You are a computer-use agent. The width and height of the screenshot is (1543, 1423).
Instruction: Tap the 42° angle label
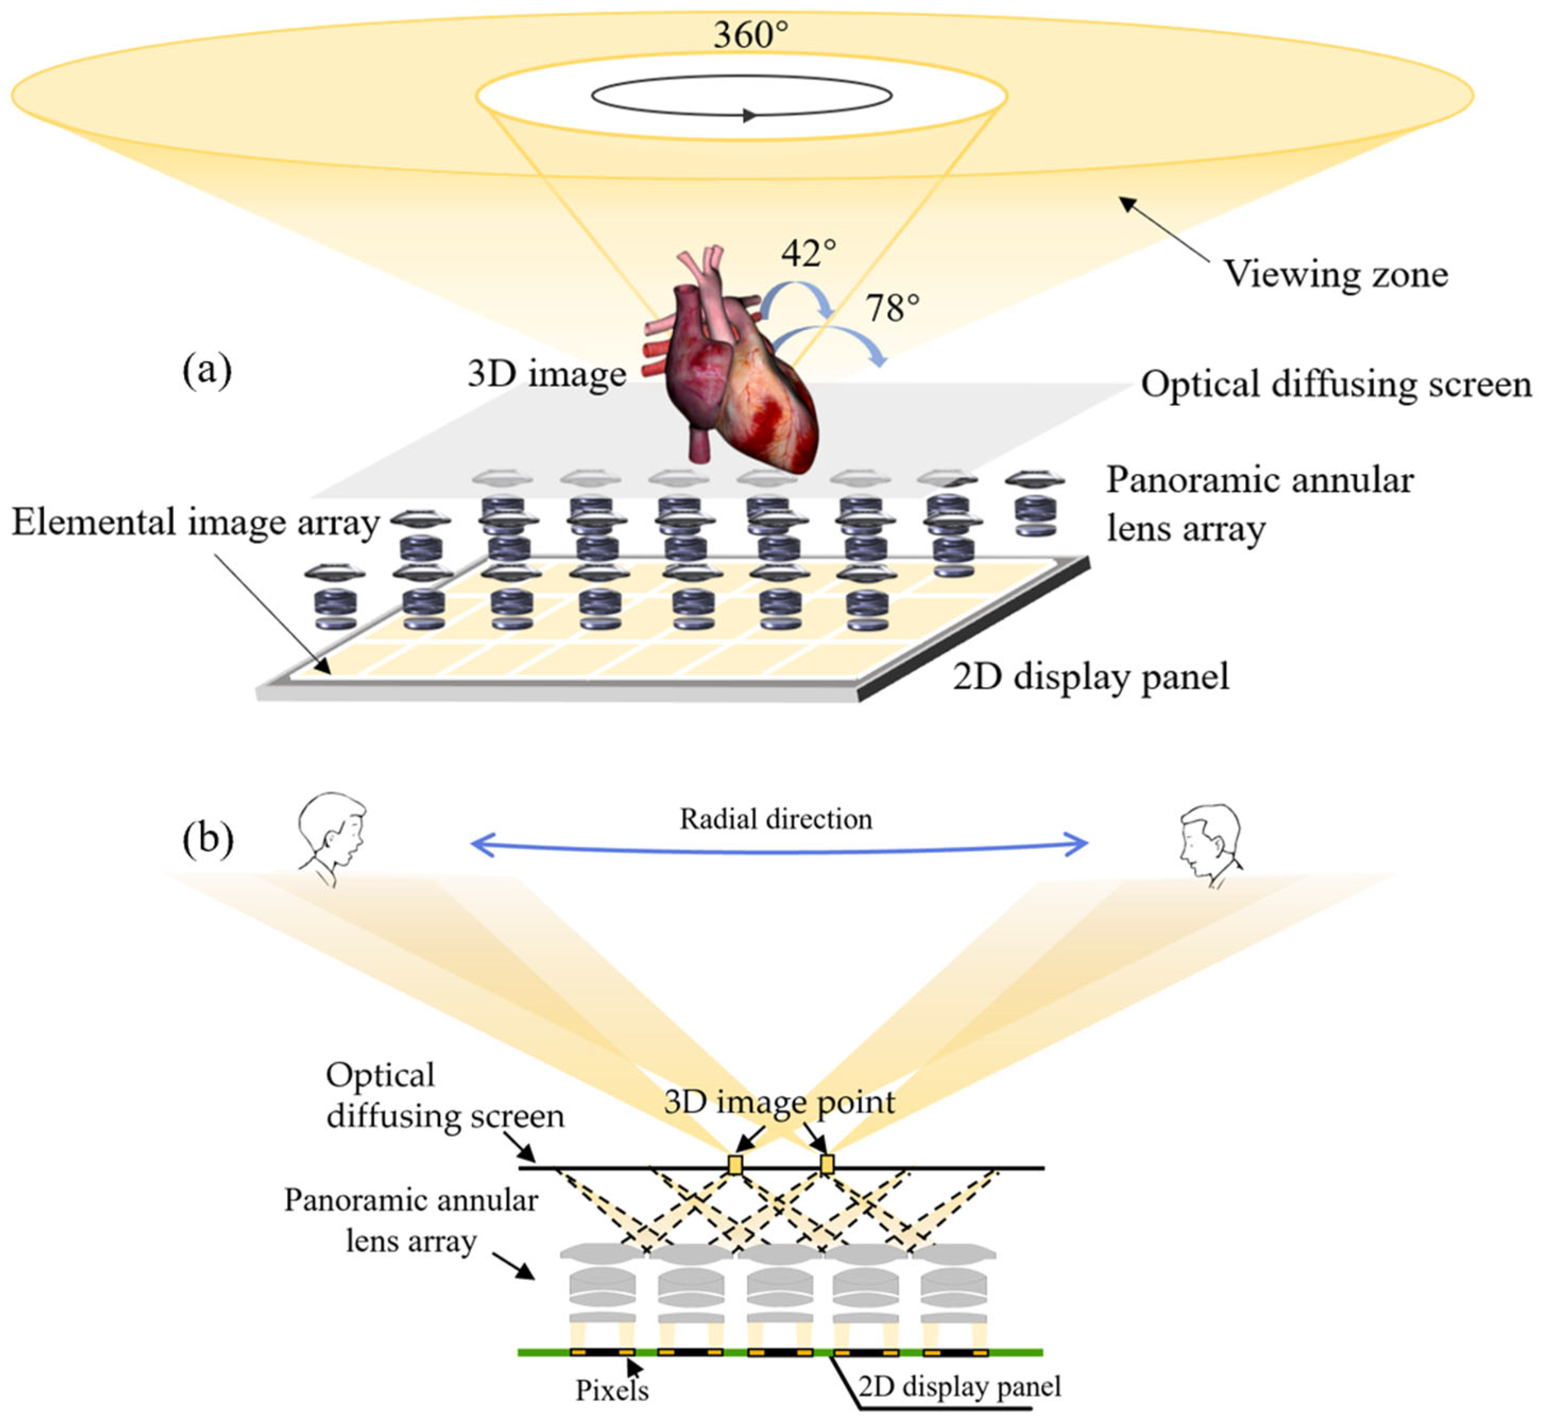coord(808,253)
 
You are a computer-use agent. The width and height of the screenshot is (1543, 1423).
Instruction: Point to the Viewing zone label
coord(1335,274)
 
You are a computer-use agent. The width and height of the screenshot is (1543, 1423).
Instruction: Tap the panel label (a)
coord(207,371)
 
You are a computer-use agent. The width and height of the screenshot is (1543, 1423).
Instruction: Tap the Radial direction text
coord(775,819)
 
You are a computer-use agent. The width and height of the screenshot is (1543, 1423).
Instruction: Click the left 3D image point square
coord(735,1164)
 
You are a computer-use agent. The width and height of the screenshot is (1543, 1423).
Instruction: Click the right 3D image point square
coord(827,1164)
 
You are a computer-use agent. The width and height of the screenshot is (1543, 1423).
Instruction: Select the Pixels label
coord(612,1391)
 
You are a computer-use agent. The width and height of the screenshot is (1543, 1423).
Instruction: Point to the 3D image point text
coord(778,1102)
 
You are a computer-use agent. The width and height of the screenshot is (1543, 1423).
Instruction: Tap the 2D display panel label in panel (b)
coord(958,1386)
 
